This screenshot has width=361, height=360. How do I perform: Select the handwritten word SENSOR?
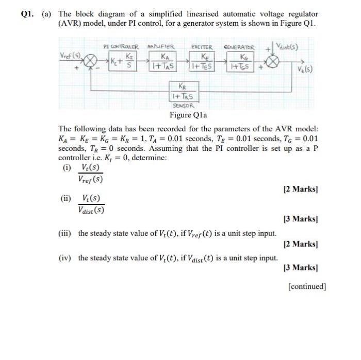tap(184, 104)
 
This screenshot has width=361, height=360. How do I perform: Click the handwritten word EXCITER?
tap(202, 47)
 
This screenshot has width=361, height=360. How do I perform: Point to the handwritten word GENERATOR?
tap(240, 47)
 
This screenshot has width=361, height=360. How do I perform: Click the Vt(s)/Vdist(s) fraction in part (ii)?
tap(91, 204)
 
